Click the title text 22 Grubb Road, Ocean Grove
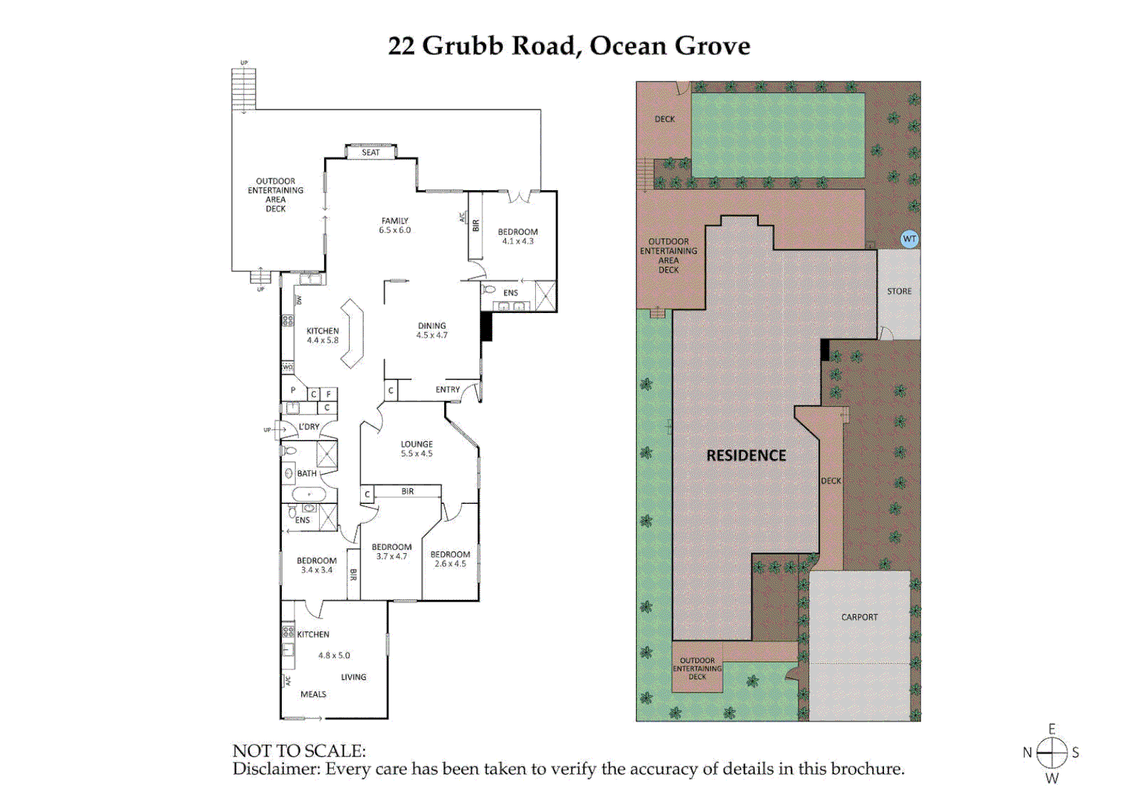click(569, 45)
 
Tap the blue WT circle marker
click(909, 239)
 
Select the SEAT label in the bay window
click(370, 152)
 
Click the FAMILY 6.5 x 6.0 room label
click(394, 225)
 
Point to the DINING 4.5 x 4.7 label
click(432, 330)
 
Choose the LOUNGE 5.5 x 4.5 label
click(416, 449)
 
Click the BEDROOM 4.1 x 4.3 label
click(517, 236)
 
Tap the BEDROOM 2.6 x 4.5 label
click(449, 559)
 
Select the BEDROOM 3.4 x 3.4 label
click(316, 565)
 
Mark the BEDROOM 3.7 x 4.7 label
click(391, 552)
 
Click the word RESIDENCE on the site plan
click(746, 455)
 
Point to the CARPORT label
click(859, 617)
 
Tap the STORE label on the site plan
click(899, 291)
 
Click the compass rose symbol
click(1052, 753)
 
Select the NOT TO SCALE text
click(299, 751)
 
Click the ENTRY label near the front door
click(447, 389)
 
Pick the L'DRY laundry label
click(309, 427)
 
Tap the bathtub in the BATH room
click(309, 494)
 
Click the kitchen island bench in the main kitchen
click(352, 333)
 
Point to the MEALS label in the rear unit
click(313, 694)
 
